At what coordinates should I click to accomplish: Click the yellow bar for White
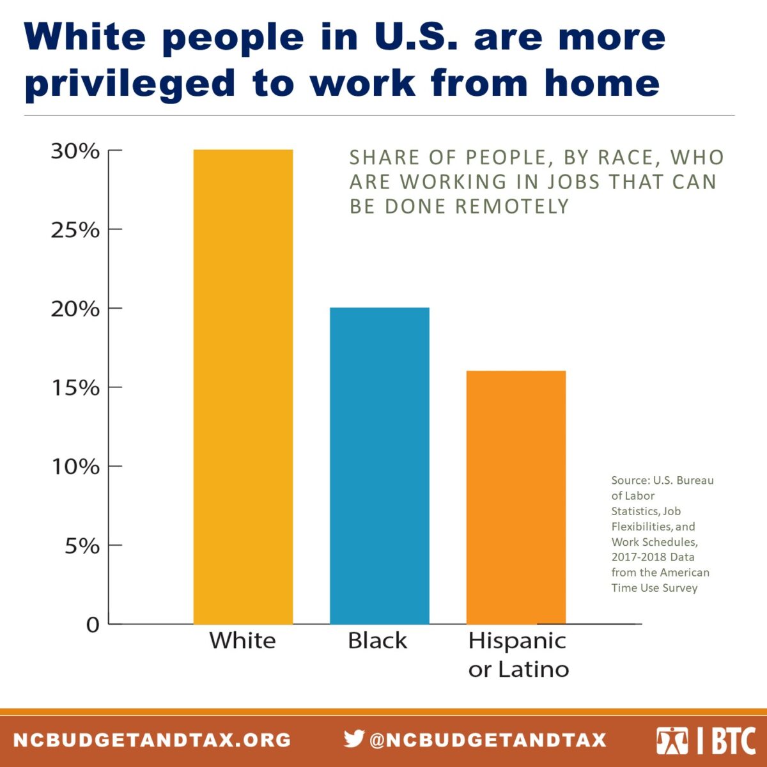pyautogui.click(x=243, y=387)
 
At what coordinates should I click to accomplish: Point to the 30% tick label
pyautogui.click(x=75, y=151)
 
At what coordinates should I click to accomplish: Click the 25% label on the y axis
pyautogui.click(x=75, y=230)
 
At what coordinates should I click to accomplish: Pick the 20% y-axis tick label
pyautogui.click(x=75, y=309)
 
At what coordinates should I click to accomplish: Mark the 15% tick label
pyautogui.click(x=75, y=388)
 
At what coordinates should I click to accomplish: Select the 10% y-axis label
pyautogui.click(x=75, y=467)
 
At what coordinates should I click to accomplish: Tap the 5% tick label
pyautogui.click(x=82, y=546)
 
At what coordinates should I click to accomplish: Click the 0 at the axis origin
pyautogui.click(x=93, y=624)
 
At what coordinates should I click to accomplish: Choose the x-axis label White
pyautogui.click(x=242, y=640)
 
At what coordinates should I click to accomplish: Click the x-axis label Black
pyautogui.click(x=377, y=640)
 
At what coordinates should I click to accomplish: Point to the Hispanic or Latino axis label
pyautogui.click(x=518, y=655)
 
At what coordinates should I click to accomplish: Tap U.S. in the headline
pyautogui.click(x=416, y=37)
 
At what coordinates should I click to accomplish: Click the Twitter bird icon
pyautogui.click(x=353, y=739)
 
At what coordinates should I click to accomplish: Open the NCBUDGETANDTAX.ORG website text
pyautogui.click(x=152, y=740)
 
